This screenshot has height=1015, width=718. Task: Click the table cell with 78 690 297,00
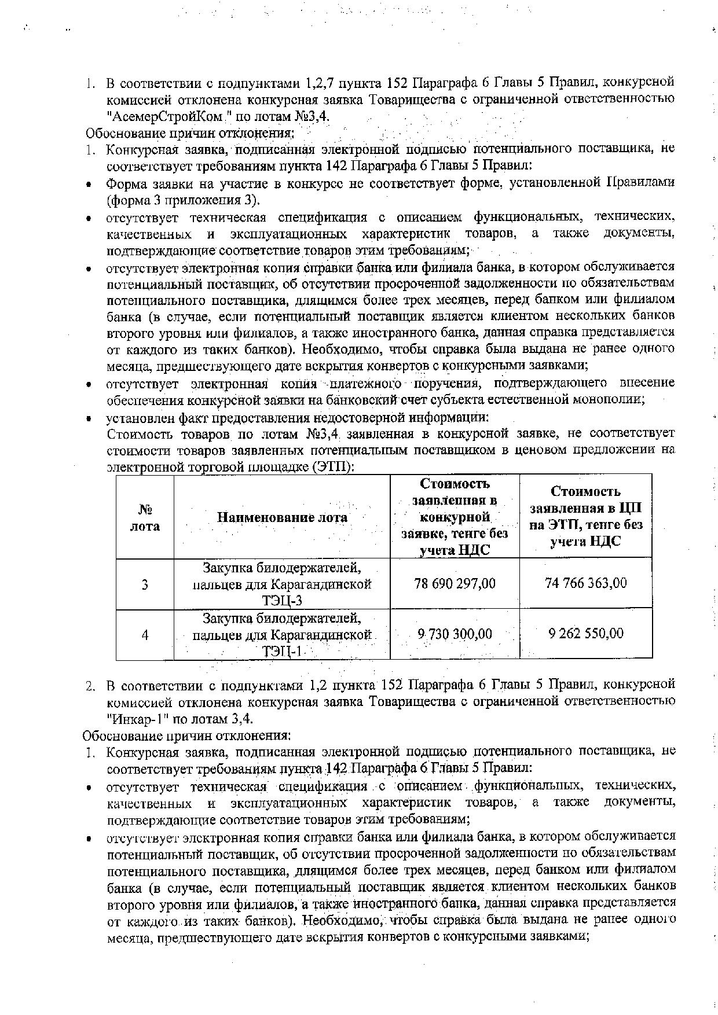(x=455, y=583)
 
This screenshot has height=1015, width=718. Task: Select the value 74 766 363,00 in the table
(x=585, y=583)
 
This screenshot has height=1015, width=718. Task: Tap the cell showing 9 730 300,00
(x=455, y=634)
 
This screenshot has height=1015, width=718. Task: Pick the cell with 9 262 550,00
(x=585, y=634)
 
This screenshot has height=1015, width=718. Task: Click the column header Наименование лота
(x=282, y=517)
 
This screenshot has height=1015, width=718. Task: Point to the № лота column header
(x=145, y=517)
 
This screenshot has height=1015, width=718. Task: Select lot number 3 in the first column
(x=145, y=584)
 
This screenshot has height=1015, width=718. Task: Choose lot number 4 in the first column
(x=145, y=635)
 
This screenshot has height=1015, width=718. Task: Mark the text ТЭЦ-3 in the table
(x=282, y=601)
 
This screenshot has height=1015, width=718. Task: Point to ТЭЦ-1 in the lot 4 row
(x=282, y=652)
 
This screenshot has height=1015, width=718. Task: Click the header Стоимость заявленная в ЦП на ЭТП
(x=585, y=517)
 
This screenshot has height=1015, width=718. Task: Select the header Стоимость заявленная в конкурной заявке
(x=455, y=517)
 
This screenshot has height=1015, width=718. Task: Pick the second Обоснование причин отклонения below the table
(x=186, y=735)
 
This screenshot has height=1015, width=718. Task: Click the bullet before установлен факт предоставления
(x=89, y=418)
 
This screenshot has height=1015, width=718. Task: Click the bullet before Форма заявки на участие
(x=89, y=184)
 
